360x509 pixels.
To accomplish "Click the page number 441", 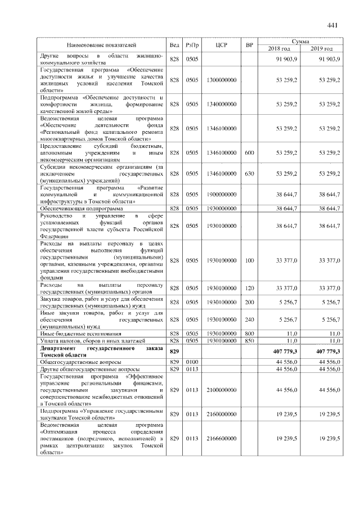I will point(332,25).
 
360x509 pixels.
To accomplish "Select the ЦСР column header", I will point(220,45).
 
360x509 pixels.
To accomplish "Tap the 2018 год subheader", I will point(279,49).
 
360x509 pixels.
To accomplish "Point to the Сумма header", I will point(300,42).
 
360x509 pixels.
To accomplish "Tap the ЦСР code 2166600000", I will point(220,438).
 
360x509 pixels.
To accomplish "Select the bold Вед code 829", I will point(174,351).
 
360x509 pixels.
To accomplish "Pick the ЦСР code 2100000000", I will point(220,390).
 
